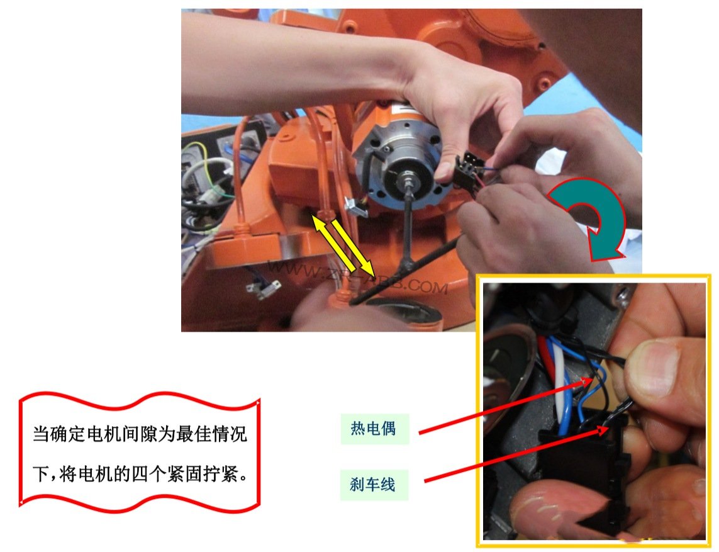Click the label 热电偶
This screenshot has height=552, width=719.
coord(373,429)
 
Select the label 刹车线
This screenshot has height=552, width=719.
coord(372,484)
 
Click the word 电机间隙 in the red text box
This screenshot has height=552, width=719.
coord(121,434)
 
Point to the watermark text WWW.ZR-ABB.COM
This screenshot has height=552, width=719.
coord(358,277)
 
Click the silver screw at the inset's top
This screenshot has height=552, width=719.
coord(623,292)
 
